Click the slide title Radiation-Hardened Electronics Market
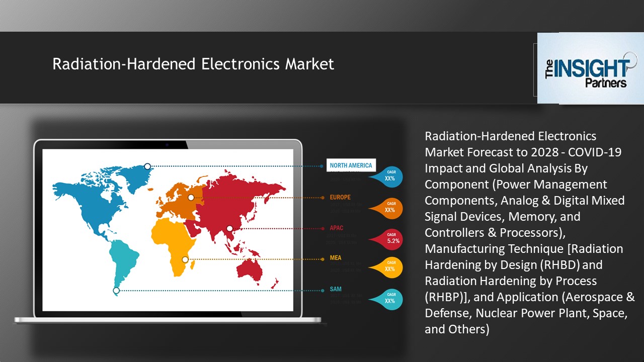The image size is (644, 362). point(193,64)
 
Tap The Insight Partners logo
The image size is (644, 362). point(590,68)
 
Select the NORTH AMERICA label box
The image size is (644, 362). point(351,165)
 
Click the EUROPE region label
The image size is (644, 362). point(340,197)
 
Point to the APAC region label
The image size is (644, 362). point(337,228)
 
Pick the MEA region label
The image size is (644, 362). point(336,258)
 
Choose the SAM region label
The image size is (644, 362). point(336,289)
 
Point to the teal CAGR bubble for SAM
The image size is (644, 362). point(391,298)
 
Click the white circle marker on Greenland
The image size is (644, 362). point(147,166)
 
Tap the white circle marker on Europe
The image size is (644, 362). point(191,198)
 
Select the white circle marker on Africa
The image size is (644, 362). point(185,259)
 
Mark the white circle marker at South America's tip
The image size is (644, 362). point(116,291)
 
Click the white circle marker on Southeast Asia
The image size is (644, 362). point(230,228)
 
